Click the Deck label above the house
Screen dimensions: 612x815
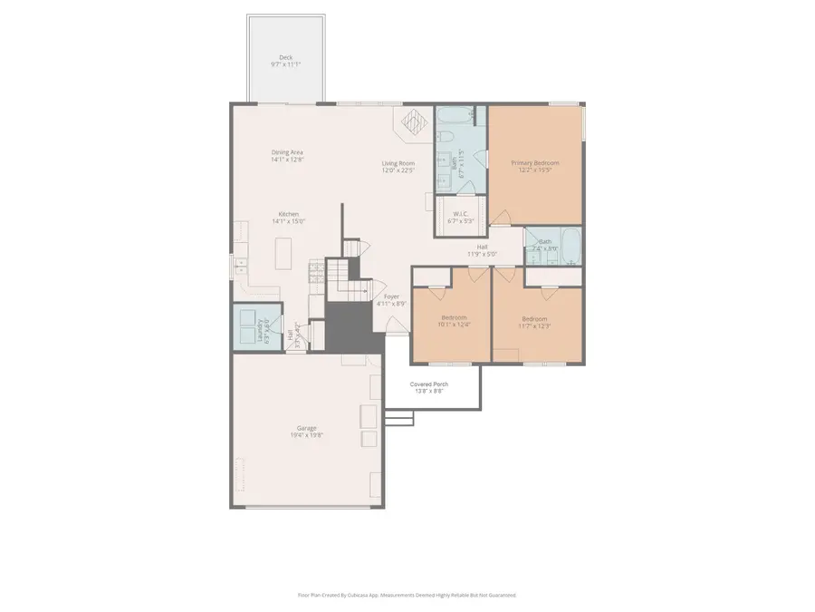coord(285,61)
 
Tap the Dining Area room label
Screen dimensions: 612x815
coord(287,155)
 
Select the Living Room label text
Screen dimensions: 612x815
coord(397,166)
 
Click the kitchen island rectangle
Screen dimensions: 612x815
coord(283,252)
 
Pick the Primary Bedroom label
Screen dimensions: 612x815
coord(534,166)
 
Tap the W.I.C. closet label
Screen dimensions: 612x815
coord(462,217)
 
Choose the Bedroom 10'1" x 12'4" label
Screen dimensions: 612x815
coord(454,320)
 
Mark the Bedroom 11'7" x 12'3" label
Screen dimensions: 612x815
coord(534,321)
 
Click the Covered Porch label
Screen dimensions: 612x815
coord(428,387)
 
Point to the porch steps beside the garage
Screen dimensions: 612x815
coord(399,418)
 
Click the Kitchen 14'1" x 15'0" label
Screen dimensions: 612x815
coord(288,218)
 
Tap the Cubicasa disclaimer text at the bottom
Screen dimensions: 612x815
coord(407,595)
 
